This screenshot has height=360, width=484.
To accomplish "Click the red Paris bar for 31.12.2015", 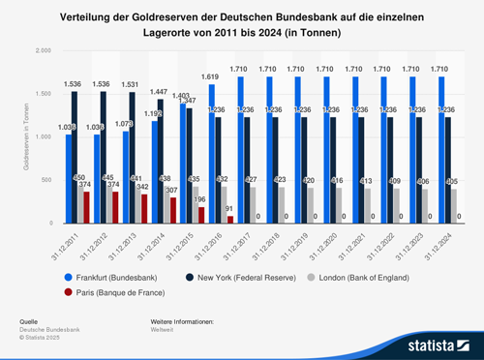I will click(200, 215).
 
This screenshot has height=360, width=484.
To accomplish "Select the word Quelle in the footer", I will click(29, 320).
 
